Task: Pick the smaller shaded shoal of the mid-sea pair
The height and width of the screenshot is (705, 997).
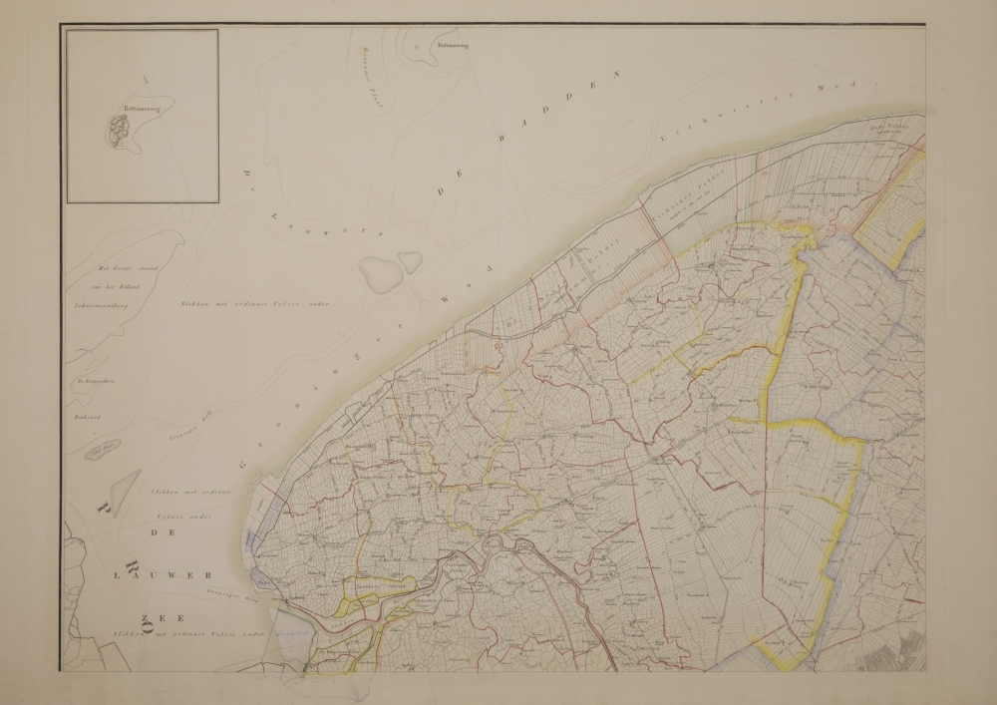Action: (x=410, y=261)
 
